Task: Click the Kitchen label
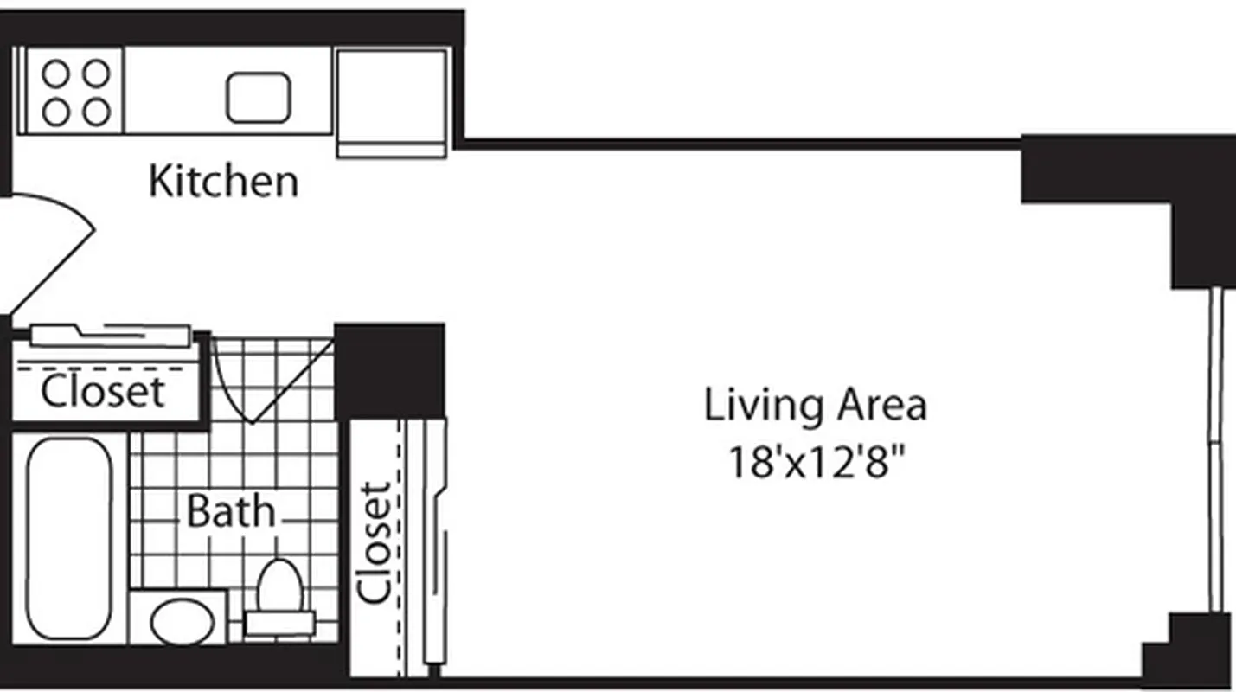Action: [223, 182]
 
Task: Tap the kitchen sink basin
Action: [258, 97]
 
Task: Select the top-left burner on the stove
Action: [55, 74]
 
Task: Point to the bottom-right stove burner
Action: [96, 112]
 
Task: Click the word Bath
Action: [230, 511]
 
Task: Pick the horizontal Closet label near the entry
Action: [102, 392]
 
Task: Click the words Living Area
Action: [815, 406]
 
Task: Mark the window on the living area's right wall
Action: [1215, 450]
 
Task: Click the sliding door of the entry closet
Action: [110, 334]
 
